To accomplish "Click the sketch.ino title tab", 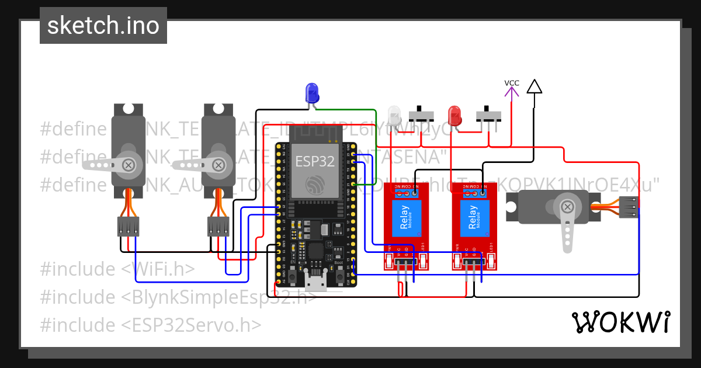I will click(x=103, y=26).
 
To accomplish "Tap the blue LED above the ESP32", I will click(x=312, y=93).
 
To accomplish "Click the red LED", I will click(x=454, y=115).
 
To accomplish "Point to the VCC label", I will click(x=512, y=83).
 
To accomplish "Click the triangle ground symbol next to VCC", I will click(x=534, y=86).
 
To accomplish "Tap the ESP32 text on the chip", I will click(x=315, y=161).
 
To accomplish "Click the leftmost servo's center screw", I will click(x=127, y=165).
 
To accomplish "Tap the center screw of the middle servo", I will click(x=217, y=165).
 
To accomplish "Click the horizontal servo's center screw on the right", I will click(x=566, y=207).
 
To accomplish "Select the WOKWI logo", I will click(x=620, y=322).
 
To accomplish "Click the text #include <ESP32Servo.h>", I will click(x=150, y=325).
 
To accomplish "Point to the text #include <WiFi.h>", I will click(x=117, y=269).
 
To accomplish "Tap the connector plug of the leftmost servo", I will click(x=128, y=226).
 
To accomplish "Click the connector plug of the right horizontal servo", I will click(x=628, y=207).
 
